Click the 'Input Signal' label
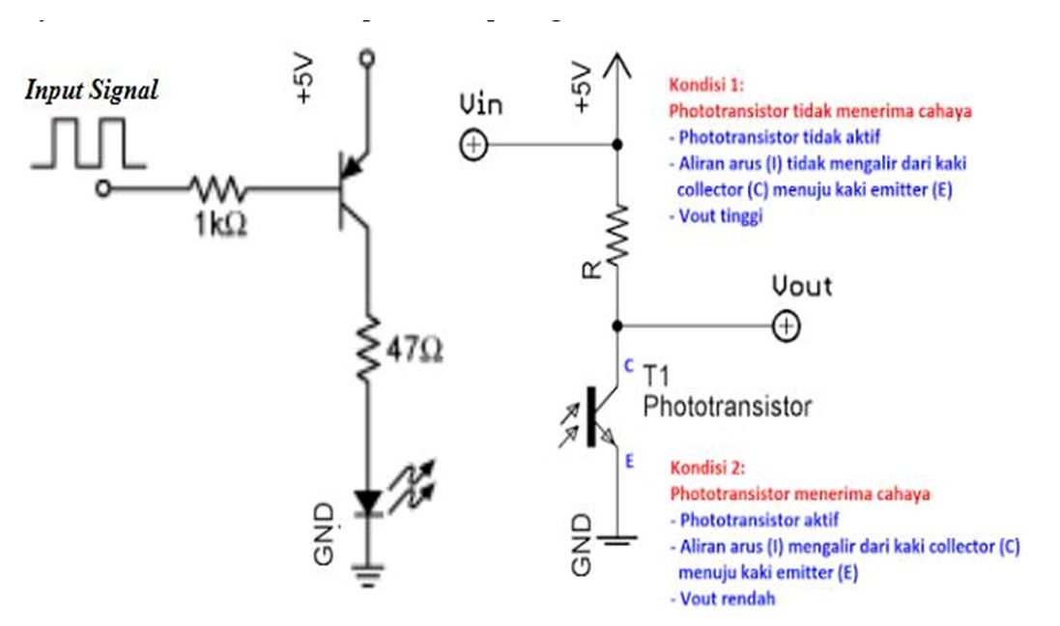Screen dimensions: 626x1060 click(92, 91)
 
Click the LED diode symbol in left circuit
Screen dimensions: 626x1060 click(367, 501)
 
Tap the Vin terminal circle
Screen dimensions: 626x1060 click(473, 145)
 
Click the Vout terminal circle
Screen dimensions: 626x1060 click(786, 327)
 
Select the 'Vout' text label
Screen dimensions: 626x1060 click(801, 287)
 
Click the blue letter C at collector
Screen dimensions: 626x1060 click(628, 366)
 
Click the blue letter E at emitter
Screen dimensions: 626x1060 click(629, 463)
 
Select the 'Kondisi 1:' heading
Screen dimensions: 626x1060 click(707, 83)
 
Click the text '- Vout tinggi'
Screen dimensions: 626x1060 click(716, 216)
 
